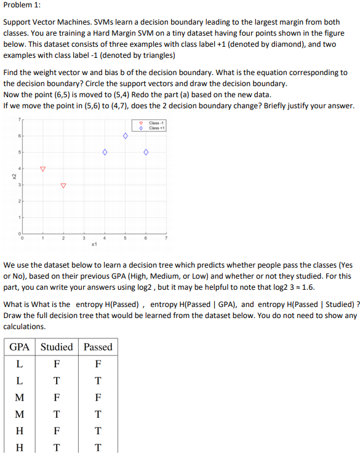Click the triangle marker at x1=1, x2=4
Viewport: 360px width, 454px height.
42,169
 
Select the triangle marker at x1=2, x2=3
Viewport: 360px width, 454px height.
63,185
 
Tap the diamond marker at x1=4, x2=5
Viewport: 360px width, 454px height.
104,152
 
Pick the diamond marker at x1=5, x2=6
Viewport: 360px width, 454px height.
125,136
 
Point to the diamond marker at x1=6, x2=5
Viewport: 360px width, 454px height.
146,152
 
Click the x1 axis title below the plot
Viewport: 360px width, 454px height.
94,244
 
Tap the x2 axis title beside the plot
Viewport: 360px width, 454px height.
14,177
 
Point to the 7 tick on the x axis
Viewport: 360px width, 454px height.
166,238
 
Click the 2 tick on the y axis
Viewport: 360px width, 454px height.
19,201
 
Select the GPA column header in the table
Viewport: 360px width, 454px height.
20,347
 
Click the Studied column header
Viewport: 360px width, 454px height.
57,347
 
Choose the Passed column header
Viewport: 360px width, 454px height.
98,347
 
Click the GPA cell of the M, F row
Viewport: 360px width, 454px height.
20,397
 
